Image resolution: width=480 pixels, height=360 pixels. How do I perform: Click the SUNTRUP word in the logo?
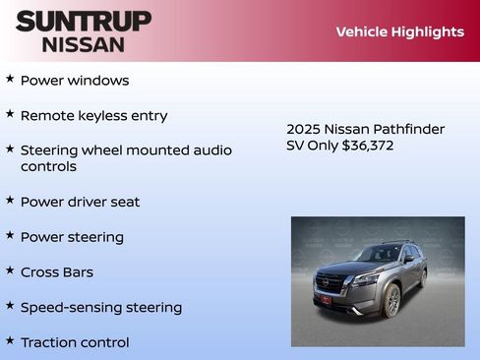84,21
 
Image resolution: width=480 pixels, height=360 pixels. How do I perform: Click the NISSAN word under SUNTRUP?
84,44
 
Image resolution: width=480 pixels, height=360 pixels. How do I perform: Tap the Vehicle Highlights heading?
399,31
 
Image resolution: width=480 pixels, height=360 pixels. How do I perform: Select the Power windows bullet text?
75,81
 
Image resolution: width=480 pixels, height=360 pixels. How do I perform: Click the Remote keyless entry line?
93,116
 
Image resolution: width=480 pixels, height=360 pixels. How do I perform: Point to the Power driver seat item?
80,202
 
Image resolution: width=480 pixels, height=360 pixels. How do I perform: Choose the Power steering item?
72,237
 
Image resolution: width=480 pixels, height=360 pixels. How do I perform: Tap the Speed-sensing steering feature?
100,308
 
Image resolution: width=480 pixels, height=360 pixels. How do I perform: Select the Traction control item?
75,343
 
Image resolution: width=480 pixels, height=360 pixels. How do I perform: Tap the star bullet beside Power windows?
10,78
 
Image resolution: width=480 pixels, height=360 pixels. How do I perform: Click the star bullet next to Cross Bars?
10,270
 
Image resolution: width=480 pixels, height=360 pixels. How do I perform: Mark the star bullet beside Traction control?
10,340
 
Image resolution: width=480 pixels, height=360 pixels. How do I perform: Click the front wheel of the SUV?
393,300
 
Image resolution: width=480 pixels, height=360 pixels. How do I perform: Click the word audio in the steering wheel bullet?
210,150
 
